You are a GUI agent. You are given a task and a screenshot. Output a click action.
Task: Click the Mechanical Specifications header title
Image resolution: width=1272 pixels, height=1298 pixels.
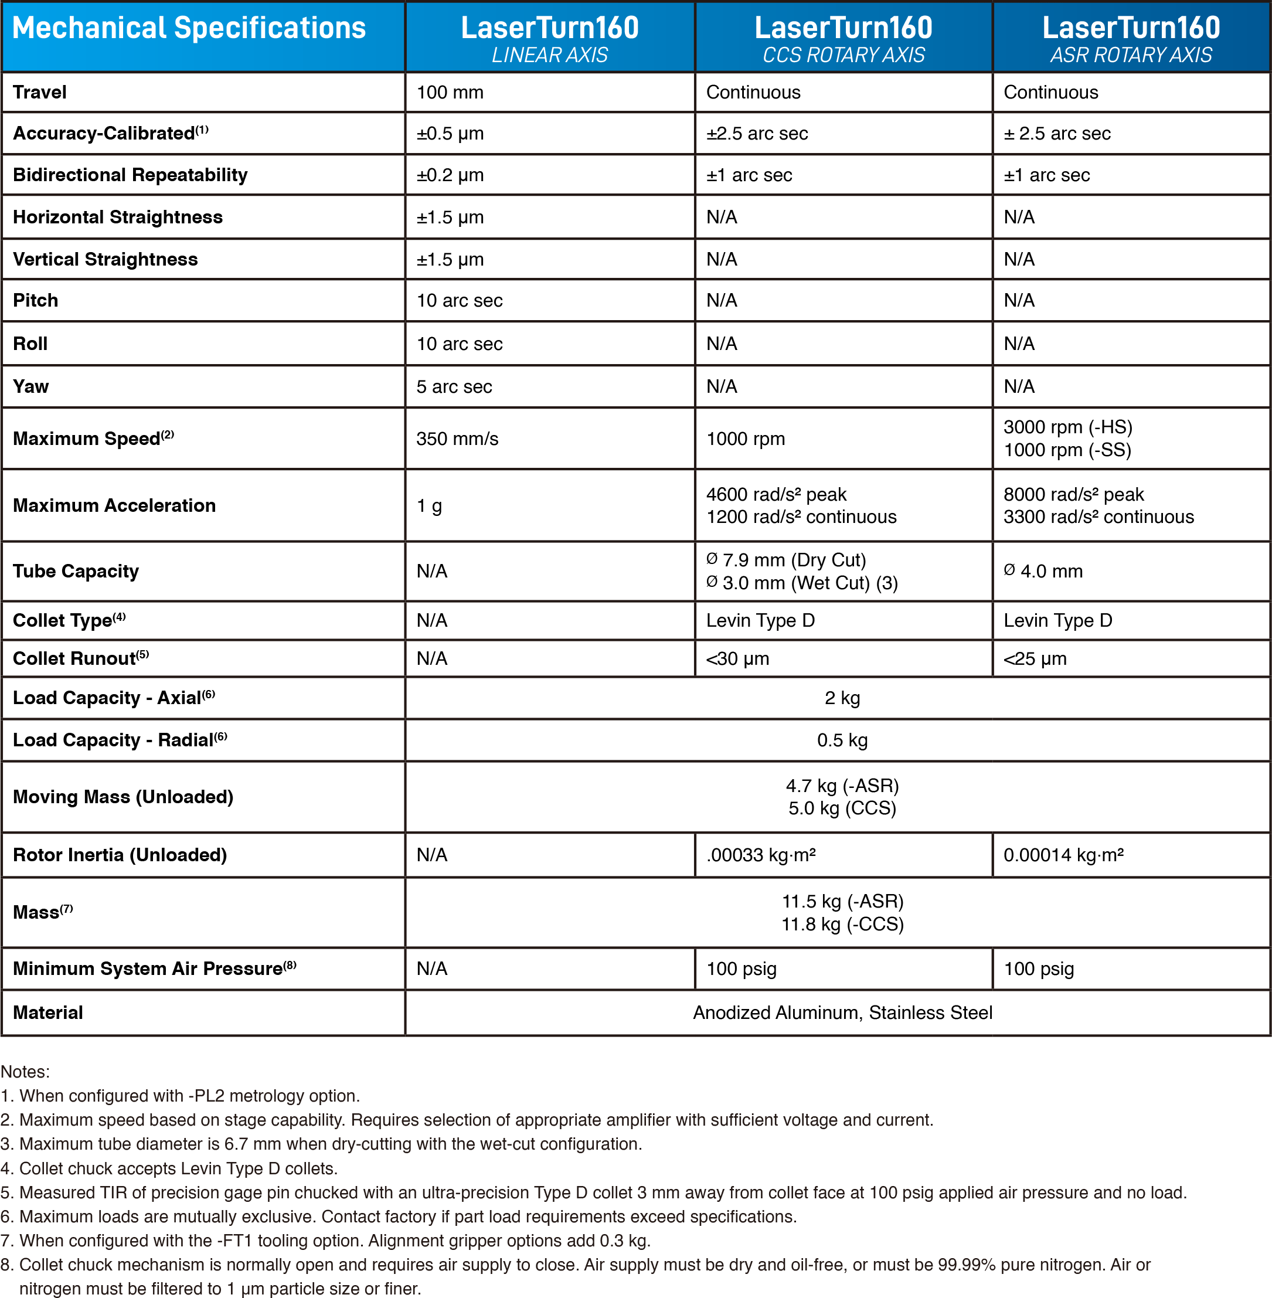(189, 28)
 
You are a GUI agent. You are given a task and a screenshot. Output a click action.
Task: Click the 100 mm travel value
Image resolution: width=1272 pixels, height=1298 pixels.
(450, 92)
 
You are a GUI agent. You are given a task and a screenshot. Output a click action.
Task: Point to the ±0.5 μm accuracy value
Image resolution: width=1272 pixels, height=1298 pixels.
(450, 134)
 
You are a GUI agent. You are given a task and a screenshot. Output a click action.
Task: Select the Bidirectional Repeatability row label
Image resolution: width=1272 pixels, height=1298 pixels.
(130, 175)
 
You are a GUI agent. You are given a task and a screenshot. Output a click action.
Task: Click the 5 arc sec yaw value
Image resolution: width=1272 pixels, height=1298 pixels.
(454, 387)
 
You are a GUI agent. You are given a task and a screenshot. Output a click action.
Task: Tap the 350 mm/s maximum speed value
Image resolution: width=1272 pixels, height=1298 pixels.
(457, 439)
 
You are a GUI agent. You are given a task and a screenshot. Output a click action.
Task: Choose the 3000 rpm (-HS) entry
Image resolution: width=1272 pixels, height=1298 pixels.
(1067, 427)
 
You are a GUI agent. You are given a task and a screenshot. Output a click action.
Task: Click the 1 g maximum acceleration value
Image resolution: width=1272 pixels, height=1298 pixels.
(429, 506)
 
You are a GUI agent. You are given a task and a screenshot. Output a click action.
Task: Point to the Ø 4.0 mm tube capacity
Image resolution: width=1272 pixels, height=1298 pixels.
(1043, 571)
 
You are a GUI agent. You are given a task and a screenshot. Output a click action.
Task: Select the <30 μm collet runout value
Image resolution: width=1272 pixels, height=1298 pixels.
(737, 659)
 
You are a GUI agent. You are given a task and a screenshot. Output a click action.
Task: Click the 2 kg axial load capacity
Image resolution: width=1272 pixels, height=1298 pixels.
(842, 698)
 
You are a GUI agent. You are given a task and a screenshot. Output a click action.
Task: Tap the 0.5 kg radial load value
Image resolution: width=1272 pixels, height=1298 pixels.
(842, 740)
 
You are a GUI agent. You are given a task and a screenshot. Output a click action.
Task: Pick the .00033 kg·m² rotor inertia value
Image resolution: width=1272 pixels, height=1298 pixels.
(761, 855)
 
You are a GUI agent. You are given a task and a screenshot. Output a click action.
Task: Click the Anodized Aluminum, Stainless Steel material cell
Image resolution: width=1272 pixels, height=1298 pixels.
(842, 1012)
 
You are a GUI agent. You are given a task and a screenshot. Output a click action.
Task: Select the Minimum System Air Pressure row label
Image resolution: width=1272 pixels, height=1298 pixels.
(154, 969)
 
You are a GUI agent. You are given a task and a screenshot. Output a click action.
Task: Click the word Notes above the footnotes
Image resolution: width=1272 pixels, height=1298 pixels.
(25, 1072)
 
